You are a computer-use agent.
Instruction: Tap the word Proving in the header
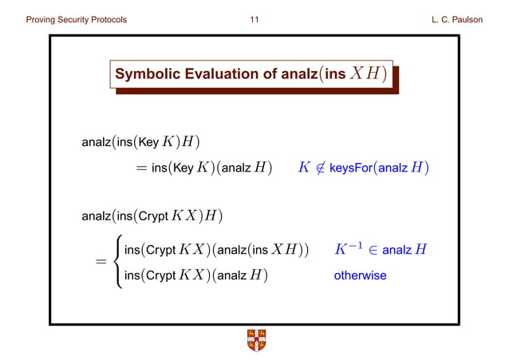point(44,19)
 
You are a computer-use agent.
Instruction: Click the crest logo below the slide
point(254,340)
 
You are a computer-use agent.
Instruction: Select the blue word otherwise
point(360,275)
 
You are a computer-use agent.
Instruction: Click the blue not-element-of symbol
point(320,168)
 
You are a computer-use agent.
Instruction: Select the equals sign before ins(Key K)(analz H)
point(142,168)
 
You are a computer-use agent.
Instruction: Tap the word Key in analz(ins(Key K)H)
point(149,143)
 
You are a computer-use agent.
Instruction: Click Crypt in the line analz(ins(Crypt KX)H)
point(153,216)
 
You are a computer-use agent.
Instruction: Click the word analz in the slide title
point(300,75)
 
